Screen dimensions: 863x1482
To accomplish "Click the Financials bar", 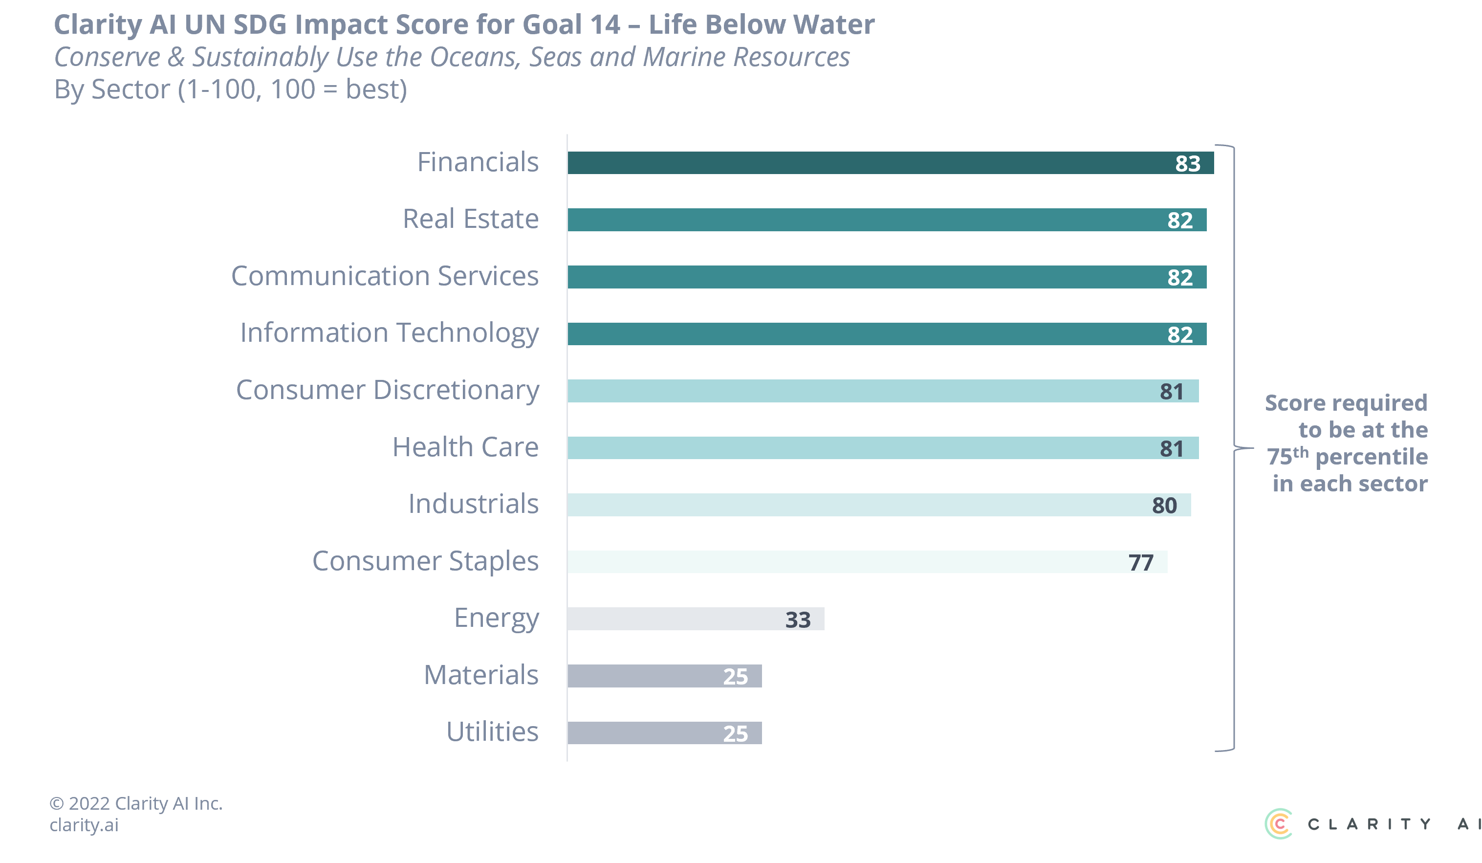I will [882, 163].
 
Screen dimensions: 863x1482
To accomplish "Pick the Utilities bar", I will [647, 733].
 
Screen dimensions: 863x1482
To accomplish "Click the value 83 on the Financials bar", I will [1187, 163].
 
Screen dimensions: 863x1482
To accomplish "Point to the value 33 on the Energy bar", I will [798, 620].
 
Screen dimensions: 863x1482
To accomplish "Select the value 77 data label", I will [1141, 563].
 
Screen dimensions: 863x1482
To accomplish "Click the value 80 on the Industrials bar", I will [1164, 505].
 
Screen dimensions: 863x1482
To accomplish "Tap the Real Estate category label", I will [471, 219].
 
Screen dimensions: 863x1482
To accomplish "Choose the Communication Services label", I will [385, 276].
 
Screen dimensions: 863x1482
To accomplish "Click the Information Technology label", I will [390, 333].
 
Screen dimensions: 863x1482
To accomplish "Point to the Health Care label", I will [465, 447].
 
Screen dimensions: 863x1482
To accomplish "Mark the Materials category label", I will [481, 675].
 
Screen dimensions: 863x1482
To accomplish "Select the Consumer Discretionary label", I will [388, 390].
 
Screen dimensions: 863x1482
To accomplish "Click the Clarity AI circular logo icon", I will [1279, 823].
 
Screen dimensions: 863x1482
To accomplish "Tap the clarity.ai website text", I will [84, 825].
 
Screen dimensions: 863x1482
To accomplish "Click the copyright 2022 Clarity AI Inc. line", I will [136, 803].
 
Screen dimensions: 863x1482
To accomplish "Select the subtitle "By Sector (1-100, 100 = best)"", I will [231, 89].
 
